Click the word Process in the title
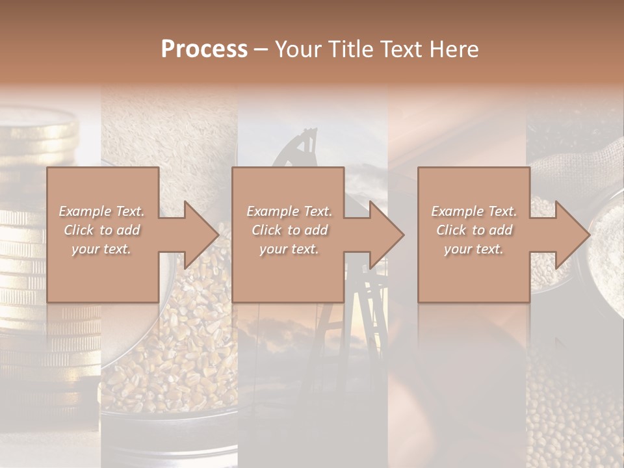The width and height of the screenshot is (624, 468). click(x=204, y=49)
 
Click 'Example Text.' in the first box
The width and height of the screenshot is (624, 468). click(x=102, y=211)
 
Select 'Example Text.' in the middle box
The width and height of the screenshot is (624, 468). click(x=289, y=211)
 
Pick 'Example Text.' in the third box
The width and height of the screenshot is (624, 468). click(x=474, y=211)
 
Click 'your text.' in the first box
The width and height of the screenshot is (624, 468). click(x=101, y=249)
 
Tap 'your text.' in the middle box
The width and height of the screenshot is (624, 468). click(x=289, y=249)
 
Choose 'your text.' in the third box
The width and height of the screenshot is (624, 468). click(x=473, y=249)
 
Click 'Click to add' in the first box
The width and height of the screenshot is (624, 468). click(x=102, y=230)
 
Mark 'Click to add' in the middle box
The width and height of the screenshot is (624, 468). click(x=289, y=230)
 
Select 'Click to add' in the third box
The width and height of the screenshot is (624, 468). click(x=474, y=230)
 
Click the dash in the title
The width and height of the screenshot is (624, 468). click(x=261, y=50)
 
